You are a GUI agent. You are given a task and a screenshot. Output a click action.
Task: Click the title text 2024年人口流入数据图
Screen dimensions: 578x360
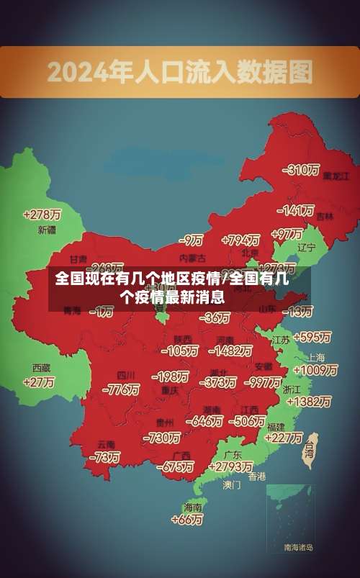180,72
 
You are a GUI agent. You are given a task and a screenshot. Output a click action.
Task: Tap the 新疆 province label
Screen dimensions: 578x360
46,230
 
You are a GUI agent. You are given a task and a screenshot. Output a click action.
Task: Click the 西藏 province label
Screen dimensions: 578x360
41,367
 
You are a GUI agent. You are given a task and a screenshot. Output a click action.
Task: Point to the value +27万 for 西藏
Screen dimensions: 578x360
39,382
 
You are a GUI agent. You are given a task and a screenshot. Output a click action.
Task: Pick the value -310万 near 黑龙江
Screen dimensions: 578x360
301,170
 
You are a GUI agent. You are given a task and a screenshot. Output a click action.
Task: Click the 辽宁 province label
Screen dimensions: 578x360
307,247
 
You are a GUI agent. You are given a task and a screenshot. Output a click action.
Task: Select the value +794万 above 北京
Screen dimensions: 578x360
240,240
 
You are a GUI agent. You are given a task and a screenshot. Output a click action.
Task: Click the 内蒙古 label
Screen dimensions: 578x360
192,257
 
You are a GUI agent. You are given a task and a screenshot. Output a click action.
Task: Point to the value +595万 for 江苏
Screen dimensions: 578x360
312,337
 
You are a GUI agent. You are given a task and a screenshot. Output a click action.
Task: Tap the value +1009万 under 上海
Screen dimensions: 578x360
315,370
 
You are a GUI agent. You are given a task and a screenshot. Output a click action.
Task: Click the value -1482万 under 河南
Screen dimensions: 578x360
230,351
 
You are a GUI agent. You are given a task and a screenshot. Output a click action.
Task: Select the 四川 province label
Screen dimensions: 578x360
127,375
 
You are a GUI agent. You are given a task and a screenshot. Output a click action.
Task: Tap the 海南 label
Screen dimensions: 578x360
192,507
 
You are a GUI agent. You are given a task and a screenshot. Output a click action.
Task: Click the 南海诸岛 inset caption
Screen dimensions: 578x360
298,548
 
